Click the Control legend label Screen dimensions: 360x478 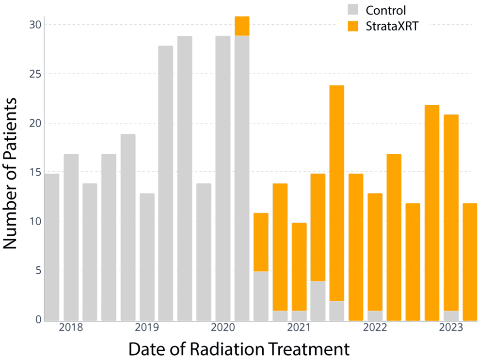tap(385, 10)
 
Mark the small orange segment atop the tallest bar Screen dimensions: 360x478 tap(242, 26)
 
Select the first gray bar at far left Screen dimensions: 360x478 tap(52, 247)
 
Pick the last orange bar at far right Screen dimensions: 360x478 tap(469, 262)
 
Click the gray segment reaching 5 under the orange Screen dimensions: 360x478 tap(261, 296)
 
